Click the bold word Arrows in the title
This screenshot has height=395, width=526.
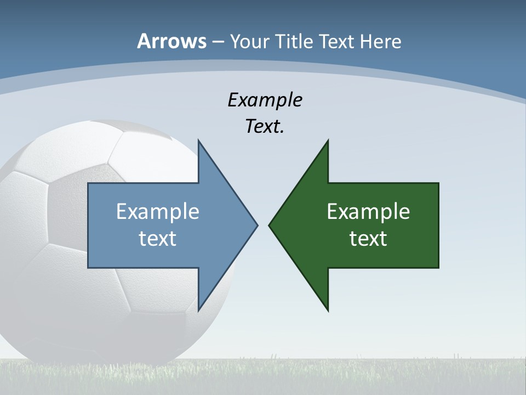click(171, 41)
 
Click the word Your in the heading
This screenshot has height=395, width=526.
click(249, 41)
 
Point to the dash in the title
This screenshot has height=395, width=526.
click(218, 42)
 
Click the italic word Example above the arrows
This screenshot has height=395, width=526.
click(265, 100)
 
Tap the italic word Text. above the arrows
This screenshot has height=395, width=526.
click(265, 127)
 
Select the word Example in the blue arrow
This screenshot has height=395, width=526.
click(158, 211)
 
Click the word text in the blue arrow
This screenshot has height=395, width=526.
click(158, 239)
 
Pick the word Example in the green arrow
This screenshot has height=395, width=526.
click(368, 211)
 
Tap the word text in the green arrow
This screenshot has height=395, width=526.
click(368, 239)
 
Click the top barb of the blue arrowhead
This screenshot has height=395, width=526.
click(199, 144)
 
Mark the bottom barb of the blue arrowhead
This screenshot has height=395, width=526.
click(199, 307)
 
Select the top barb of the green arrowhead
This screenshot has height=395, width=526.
click(327, 144)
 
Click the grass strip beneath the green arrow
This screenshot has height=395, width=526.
click(367, 376)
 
